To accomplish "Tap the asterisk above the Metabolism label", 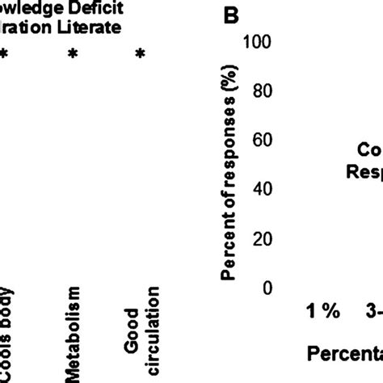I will pyautogui.click(x=74, y=54).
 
